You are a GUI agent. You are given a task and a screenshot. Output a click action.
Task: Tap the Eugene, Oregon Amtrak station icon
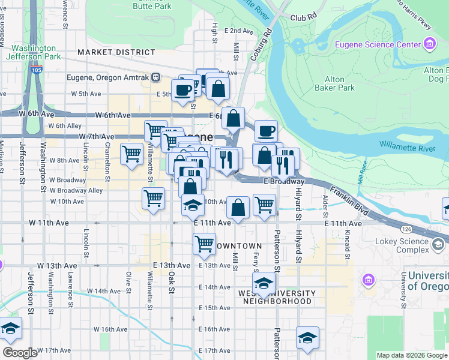(156, 77)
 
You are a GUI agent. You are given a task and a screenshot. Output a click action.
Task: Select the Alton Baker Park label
(335, 83)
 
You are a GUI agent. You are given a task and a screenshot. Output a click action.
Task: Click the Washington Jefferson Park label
(34, 52)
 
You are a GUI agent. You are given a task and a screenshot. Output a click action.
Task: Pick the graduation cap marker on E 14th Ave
(262, 283)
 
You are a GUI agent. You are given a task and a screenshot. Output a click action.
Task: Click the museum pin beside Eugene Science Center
(429, 44)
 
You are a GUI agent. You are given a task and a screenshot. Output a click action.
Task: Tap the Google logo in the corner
(20, 353)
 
